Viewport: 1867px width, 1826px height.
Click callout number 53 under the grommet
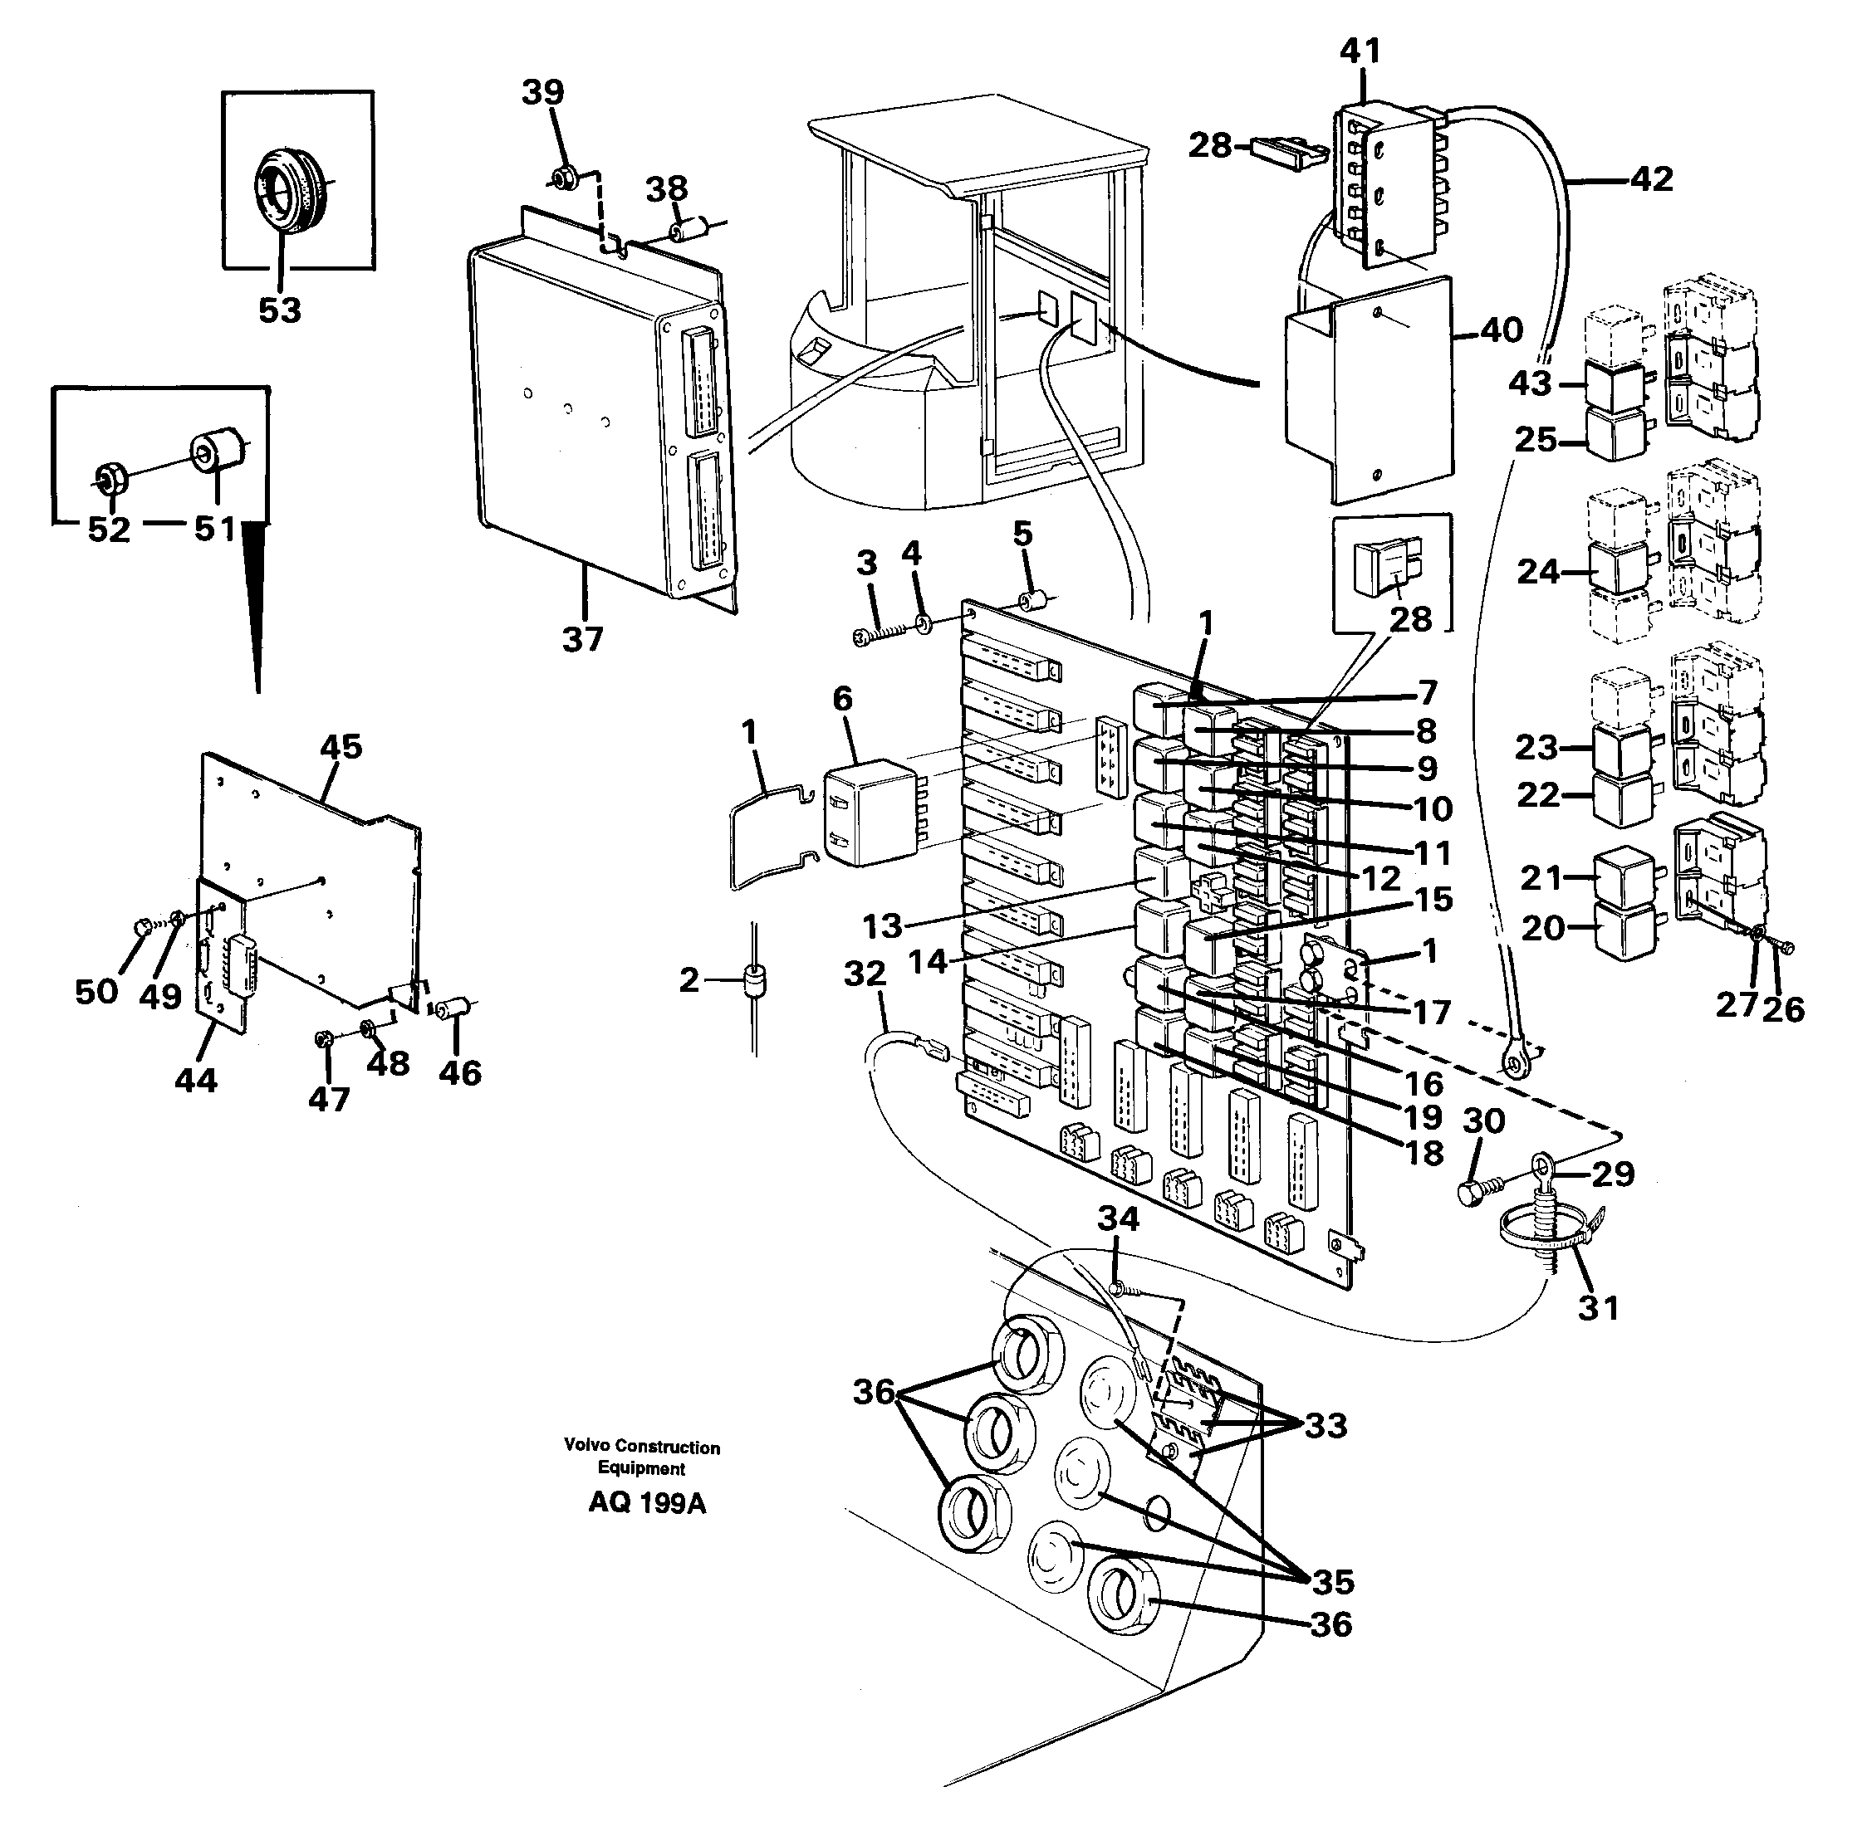[279, 310]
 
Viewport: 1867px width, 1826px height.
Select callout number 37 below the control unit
[582, 639]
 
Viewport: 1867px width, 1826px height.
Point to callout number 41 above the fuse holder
[1360, 50]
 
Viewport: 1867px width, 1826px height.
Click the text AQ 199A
[647, 1503]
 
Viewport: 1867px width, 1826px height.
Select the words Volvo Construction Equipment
[641, 1457]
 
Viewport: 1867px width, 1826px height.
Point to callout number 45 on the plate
[341, 747]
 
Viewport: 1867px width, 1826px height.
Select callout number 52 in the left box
[109, 530]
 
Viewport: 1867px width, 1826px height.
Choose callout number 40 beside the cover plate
[1501, 331]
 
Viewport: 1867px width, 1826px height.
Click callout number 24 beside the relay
[1539, 572]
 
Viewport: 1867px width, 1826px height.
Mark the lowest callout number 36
[1330, 1623]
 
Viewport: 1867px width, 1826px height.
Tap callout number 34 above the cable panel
[1118, 1219]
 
